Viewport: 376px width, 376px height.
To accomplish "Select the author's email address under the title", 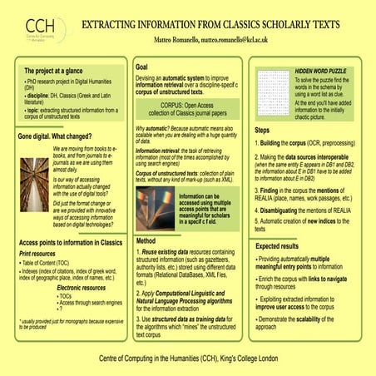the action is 252,39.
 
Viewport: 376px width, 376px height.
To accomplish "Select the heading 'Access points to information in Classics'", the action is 70,242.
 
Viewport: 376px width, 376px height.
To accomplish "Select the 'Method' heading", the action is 146,241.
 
